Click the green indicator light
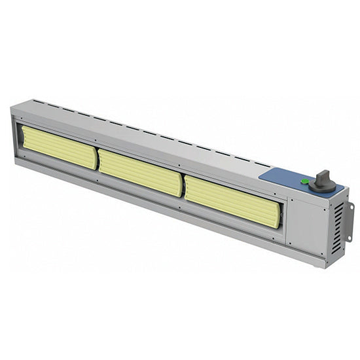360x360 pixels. click(304, 181)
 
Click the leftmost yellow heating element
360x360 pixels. click(59, 148)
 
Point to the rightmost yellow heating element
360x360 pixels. click(232, 202)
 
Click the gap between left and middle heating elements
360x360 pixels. click(98, 160)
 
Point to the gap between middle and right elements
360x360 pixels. click(183, 187)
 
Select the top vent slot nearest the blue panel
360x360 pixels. click(262, 164)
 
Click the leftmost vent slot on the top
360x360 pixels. click(35, 101)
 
